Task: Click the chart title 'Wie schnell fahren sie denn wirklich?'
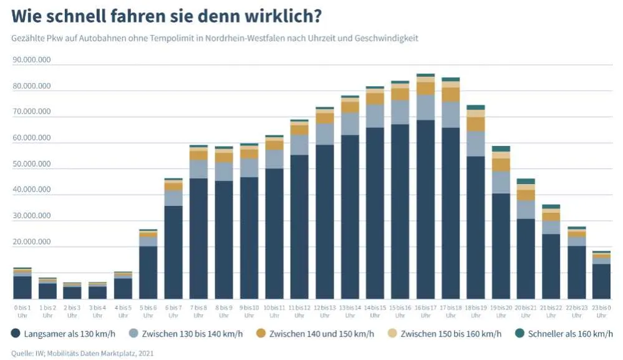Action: pos(167,14)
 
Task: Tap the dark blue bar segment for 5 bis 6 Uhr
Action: pos(148,272)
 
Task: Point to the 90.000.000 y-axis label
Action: pos(31,61)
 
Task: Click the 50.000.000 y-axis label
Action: pos(31,164)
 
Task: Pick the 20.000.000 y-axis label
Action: pos(31,242)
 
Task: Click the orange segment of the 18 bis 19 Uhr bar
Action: pos(476,124)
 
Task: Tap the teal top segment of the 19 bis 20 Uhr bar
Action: pos(501,149)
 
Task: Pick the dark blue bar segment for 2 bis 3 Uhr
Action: pos(72,293)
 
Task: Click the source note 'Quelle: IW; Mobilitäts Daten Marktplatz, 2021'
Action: pos(82,353)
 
